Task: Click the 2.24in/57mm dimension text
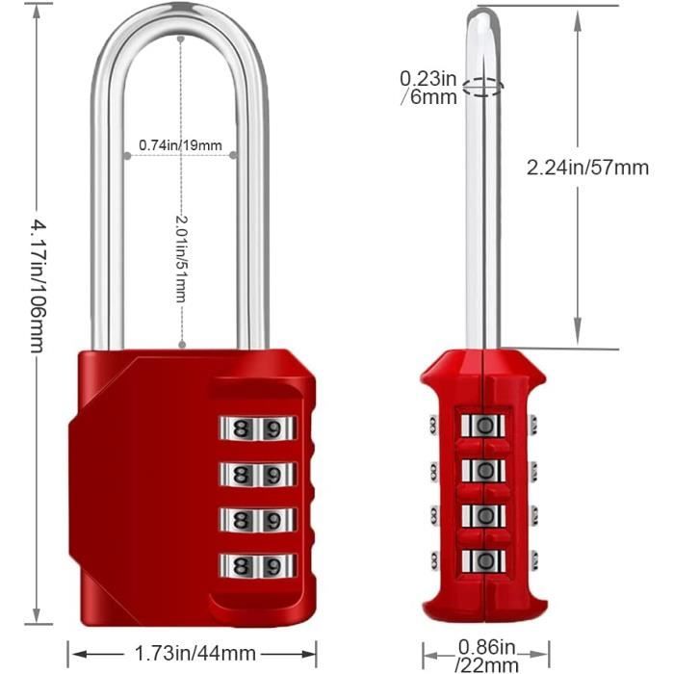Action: (x=587, y=168)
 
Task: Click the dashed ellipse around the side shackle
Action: (x=482, y=88)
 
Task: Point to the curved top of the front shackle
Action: (x=180, y=21)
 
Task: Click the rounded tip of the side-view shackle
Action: (x=482, y=16)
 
